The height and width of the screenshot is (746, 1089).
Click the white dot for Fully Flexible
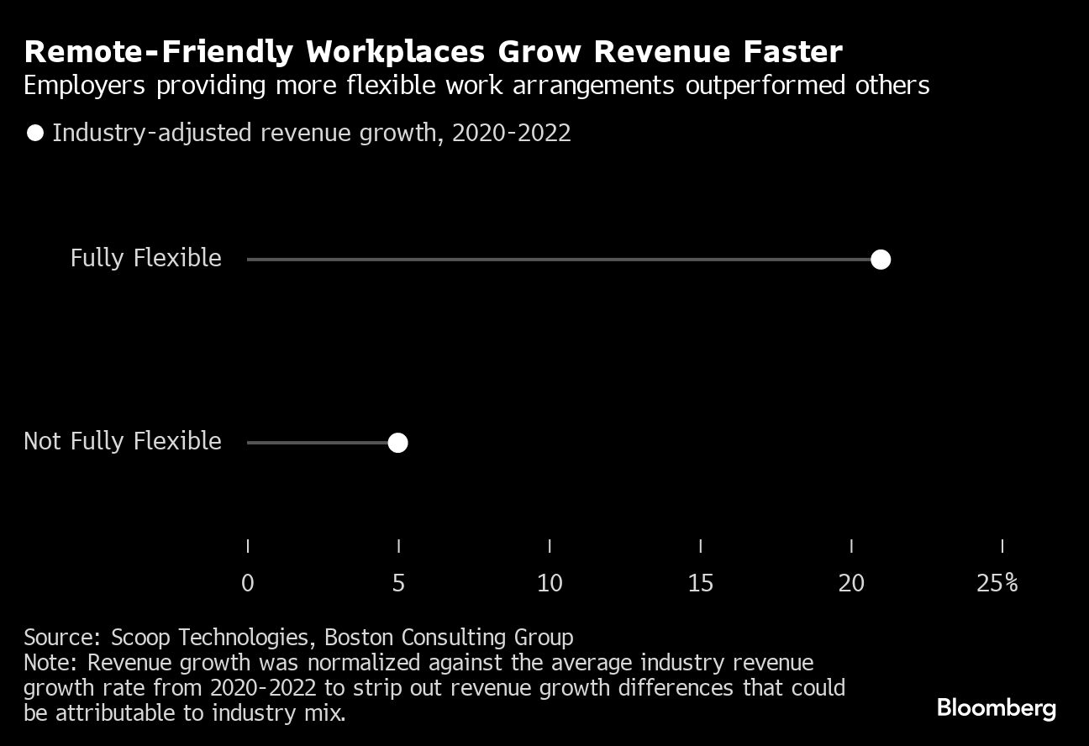click(880, 260)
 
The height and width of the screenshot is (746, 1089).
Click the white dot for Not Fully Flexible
click(397, 443)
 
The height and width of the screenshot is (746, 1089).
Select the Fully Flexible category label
click(145, 258)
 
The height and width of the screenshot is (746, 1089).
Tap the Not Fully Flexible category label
click(123, 441)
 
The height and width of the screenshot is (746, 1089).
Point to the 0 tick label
click(247, 583)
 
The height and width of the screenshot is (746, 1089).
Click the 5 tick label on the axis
click(398, 583)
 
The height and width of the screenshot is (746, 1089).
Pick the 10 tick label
click(550, 583)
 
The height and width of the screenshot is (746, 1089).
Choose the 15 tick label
click(701, 583)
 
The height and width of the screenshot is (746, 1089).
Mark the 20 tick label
click(851, 583)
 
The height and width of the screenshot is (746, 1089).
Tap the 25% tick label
click(997, 583)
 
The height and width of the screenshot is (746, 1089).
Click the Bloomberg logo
click(997, 708)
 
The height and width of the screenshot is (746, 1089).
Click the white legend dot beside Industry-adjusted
click(35, 133)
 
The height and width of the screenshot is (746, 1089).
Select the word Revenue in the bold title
click(651, 52)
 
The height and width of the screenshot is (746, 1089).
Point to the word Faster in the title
click(792, 52)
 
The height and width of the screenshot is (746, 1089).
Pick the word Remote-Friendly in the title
click(159, 52)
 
